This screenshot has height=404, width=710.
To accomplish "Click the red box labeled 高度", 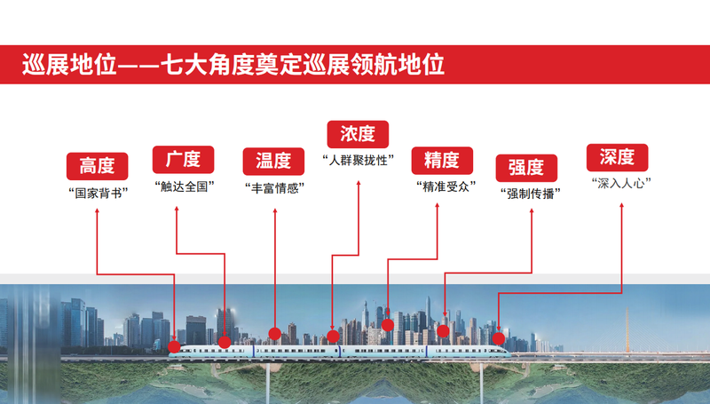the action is click(98, 166).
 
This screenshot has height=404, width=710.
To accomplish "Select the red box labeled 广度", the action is click(183, 160).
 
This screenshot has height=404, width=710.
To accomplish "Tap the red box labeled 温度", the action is click(273, 162).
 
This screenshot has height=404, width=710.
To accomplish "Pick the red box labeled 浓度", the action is click(358, 134).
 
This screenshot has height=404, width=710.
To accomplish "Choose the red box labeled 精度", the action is click(442, 161).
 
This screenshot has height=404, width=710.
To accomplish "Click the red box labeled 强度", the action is click(526, 168).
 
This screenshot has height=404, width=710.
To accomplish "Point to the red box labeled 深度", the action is click(617, 158).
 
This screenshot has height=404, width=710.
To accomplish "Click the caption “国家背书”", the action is click(99, 194).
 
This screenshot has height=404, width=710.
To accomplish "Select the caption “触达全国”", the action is click(185, 186).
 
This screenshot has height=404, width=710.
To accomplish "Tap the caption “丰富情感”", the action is click(274, 188).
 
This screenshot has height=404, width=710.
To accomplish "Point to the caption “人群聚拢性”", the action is click(359, 161).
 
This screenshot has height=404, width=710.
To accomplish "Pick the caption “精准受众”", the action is click(446, 186).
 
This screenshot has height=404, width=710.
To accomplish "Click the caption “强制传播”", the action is click(530, 194).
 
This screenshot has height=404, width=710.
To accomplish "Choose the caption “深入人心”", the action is click(621, 184).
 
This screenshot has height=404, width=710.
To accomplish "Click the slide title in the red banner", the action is click(233, 64).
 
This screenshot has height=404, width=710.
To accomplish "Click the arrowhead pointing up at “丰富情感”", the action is click(275, 210).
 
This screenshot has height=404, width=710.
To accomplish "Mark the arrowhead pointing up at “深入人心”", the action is click(622, 205).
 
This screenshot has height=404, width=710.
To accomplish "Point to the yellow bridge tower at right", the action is click(627, 329).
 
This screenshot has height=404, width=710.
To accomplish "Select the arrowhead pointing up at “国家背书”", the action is click(97, 210).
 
